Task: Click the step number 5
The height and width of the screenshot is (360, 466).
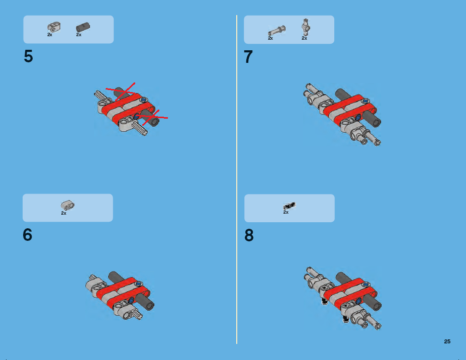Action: coord(29,57)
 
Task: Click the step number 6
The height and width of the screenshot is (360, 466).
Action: coord(28,235)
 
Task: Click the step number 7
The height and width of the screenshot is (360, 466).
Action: coord(248,57)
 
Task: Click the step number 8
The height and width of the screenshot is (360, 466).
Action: coord(249,236)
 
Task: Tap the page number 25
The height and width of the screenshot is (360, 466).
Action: coord(447,341)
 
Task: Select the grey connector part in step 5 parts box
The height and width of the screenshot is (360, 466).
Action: coord(53,27)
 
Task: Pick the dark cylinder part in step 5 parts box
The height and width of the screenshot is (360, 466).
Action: coord(82,27)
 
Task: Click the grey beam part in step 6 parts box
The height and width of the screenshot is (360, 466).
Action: coord(67,205)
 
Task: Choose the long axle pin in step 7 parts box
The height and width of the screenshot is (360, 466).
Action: coord(276,31)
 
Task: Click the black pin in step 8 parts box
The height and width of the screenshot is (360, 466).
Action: coord(290,205)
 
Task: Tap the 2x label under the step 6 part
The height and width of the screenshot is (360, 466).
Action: coord(64,213)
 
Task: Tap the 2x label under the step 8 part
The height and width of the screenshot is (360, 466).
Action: coord(286,213)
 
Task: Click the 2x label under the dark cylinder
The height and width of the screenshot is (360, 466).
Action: coord(79,35)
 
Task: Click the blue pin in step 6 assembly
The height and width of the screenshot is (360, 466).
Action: coord(132,300)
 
